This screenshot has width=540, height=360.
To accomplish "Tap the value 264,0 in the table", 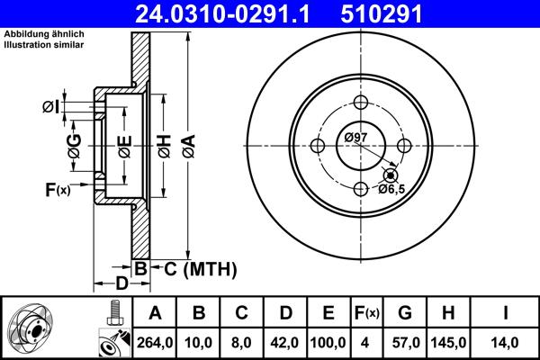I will (155, 342).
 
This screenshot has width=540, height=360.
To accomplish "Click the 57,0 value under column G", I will (404, 342).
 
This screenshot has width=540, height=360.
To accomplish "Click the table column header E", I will (328, 314).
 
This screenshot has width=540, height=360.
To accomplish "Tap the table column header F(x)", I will (366, 314).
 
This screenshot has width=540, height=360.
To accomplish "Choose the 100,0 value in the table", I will (328, 342).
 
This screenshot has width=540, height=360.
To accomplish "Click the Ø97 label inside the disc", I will (357, 137).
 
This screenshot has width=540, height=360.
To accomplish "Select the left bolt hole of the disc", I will (318, 145).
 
